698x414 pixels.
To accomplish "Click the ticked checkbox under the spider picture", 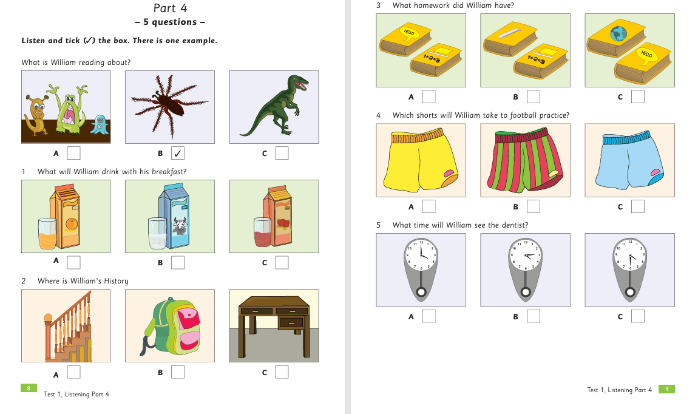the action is pos(178,153).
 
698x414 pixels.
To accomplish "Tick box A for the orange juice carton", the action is pos(73,262).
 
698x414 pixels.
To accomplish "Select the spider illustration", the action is pos(169,107).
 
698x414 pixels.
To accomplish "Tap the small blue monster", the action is pos(100,124).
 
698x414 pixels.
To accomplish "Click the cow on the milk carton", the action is pos(180,226).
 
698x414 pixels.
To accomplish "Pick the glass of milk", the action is pos(157,233).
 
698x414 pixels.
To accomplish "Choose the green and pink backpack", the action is pos(171,326).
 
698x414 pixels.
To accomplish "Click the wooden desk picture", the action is pos(274,325).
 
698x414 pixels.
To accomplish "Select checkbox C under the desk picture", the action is pos(282,372).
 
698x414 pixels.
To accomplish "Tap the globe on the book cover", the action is pos(618,33).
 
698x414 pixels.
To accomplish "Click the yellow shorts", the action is pos(421,160).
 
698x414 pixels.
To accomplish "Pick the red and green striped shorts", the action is pos(525,160).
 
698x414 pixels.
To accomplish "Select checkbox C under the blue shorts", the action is pos(637,206).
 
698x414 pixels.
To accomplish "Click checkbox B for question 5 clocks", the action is pos(534,316).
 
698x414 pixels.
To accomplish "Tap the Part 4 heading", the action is pos(170,8).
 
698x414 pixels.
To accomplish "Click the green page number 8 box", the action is pos(29,388).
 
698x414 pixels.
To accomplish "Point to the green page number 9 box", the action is pos(667,389).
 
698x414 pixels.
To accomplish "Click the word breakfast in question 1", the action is pos(169,171).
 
